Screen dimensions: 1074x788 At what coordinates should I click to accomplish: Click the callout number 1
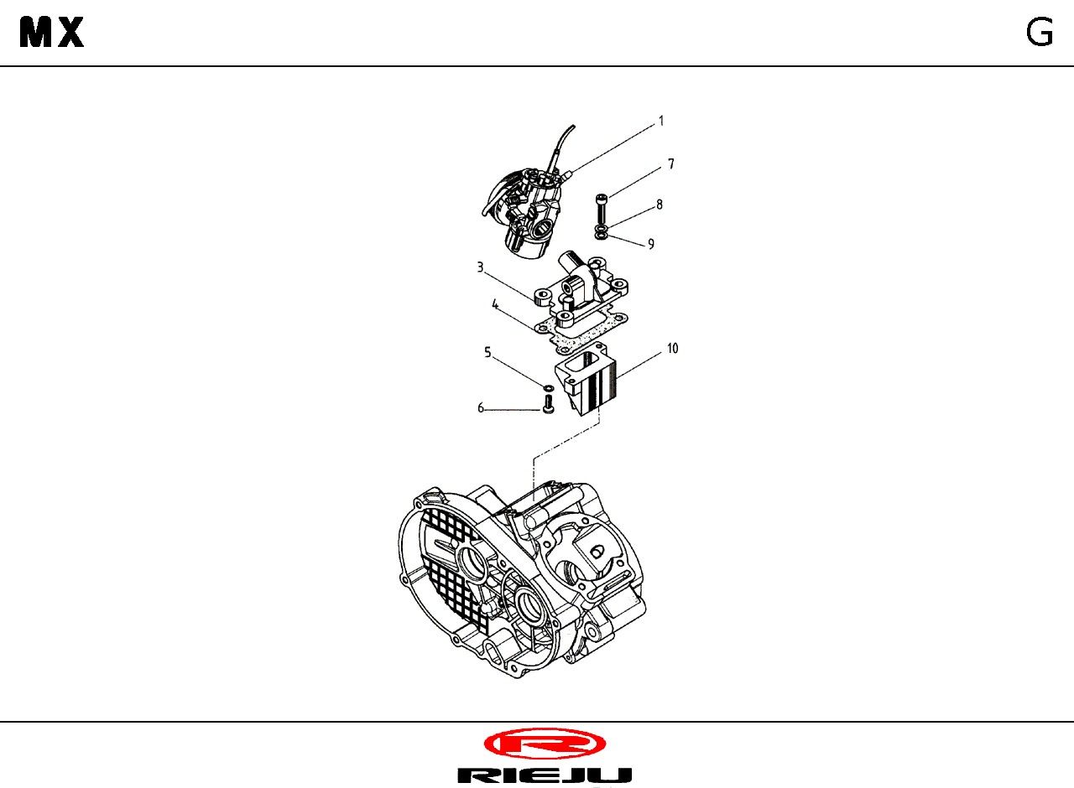(x=662, y=122)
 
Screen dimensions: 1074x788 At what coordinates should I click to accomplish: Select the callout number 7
(x=671, y=164)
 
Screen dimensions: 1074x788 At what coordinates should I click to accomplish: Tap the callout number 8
(x=660, y=205)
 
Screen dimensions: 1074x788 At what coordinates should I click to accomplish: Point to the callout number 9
(x=651, y=244)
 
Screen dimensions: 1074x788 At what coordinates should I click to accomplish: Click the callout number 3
(x=480, y=267)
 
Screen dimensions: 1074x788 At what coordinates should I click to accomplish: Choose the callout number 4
(x=495, y=304)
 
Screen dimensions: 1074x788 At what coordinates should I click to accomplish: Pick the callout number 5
(x=487, y=353)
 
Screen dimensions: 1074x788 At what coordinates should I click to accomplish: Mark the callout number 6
(x=481, y=408)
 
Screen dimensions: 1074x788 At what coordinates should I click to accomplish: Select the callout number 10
(x=673, y=349)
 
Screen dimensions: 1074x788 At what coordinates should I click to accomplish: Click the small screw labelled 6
(x=549, y=403)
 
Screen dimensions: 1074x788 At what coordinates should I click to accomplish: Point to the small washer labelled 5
(x=549, y=387)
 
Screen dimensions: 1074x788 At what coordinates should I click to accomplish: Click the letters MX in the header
(x=52, y=32)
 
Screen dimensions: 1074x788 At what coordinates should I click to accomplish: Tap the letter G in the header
(x=1040, y=33)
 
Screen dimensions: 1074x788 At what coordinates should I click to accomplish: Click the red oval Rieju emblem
(x=545, y=744)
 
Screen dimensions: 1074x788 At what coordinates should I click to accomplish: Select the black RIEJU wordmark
(x=545, y=775)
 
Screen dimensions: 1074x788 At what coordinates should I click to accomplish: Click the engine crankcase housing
(x=522, y=579)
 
